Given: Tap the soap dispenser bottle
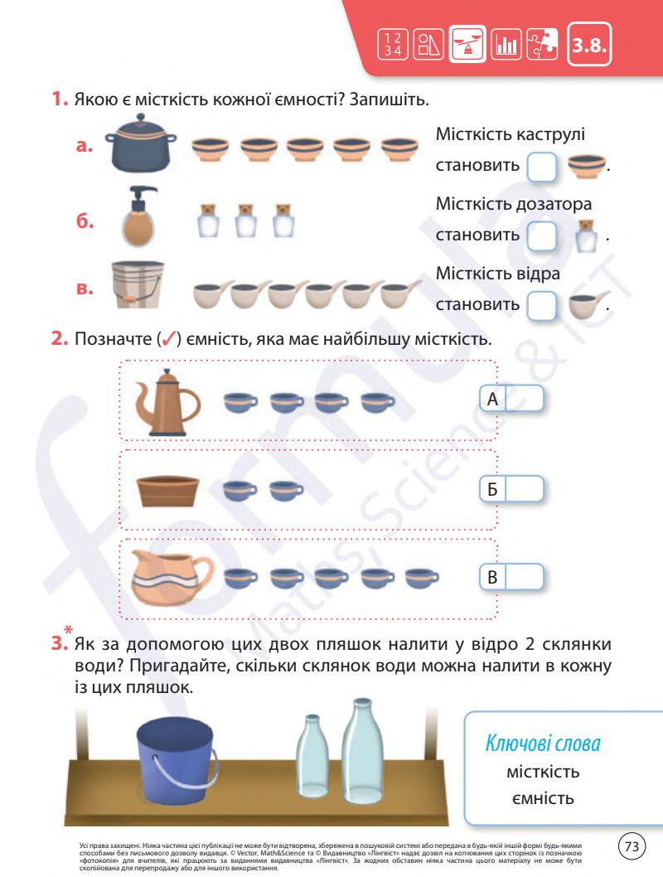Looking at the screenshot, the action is pos(138,216).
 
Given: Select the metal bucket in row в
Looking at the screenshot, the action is pos(138,284).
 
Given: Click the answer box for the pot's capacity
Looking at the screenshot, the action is pos(542,166).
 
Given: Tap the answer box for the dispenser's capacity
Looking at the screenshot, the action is pos(542,235).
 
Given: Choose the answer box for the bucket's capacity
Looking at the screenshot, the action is pos(542,305).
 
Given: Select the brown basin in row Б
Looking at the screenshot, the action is pos(167,491).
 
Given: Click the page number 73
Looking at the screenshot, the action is pos(632,846).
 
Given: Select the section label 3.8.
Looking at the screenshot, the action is pos(589,45).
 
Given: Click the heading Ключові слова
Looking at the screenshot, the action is pos(543,744).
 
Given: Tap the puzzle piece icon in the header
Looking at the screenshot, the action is pos(542,44).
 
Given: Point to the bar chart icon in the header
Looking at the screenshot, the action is pos(506,44).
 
